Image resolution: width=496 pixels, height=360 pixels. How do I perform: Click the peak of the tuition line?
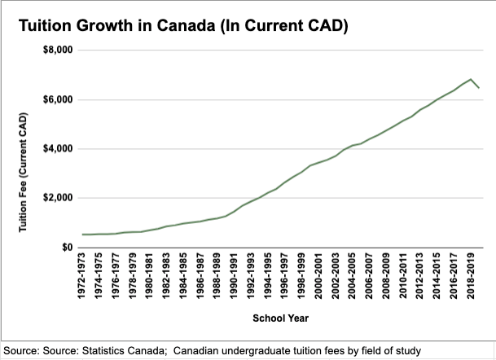[x=471, y=79]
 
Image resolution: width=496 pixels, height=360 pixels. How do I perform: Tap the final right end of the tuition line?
[x=480, y=88]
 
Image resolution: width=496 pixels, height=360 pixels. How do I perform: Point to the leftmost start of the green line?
[x=83, y=235]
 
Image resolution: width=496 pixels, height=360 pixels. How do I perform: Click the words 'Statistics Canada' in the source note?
[x=150, y=350]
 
